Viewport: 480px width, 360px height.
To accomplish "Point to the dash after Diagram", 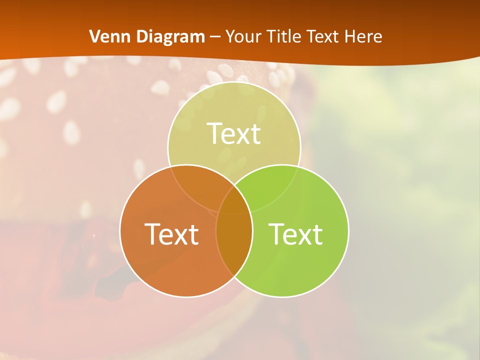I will (x=215, y=37).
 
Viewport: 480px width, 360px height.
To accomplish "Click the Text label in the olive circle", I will (x=234, y=134).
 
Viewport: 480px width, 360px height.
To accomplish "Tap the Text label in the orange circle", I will (x=171, y=234).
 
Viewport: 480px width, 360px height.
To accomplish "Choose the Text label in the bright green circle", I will (x=296, y=234).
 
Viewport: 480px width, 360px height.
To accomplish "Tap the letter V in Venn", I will (x=95, y=36).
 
